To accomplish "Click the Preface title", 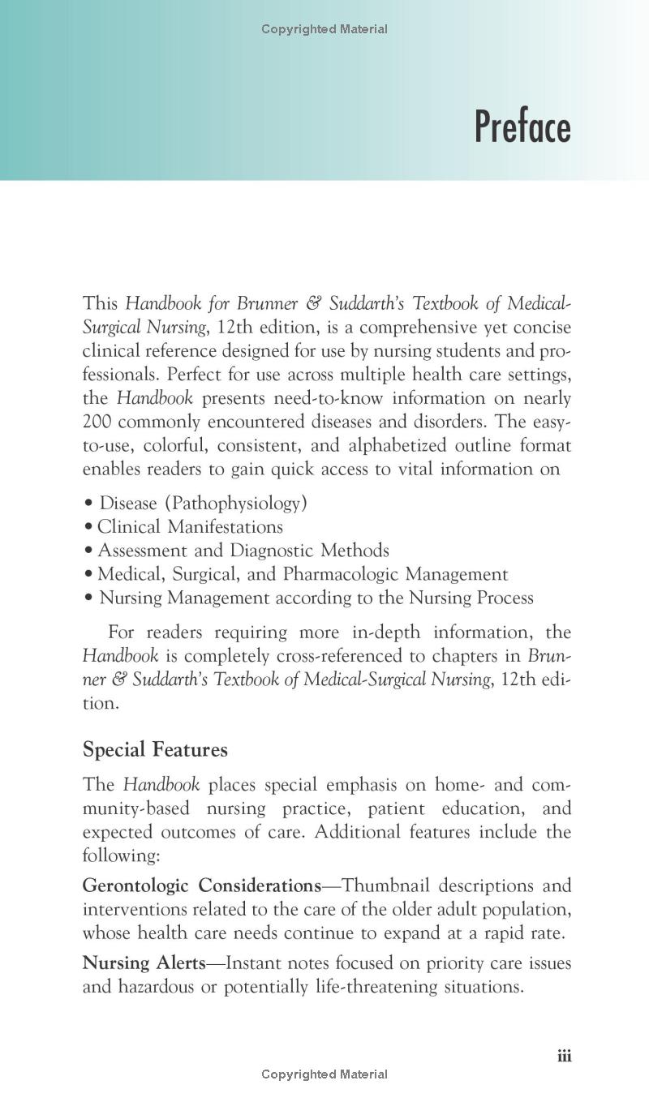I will pyautogui.click(x=522, y=127).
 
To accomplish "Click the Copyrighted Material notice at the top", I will pyautogui.click(x=324, y=29).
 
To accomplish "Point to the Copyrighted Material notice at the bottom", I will pyautogui.click(x=324, y=1074).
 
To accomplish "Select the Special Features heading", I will pyautogui.click(x=155, y=749).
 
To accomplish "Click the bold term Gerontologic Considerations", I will pyautogui.click(x=201, y=885).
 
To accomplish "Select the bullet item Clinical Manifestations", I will pyautogui.click(x=190, y=527).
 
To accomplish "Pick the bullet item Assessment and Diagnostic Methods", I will pyautogui.click(x=243, y=551).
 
